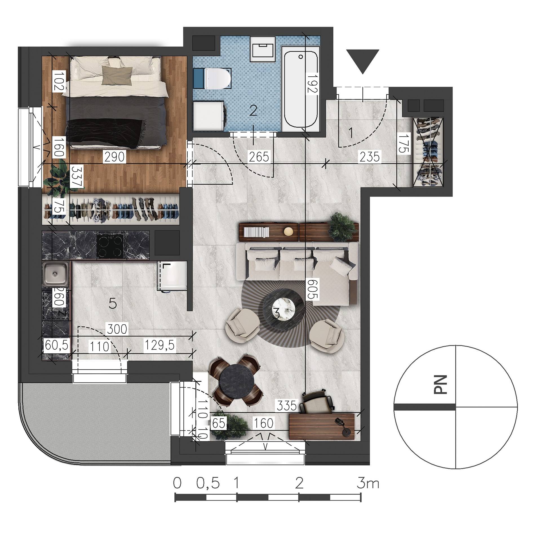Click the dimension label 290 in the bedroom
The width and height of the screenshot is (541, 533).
[x=114, y=157]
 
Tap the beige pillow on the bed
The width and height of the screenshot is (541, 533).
[x=117, y=76]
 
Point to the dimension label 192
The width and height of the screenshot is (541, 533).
[x=312, y=83]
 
